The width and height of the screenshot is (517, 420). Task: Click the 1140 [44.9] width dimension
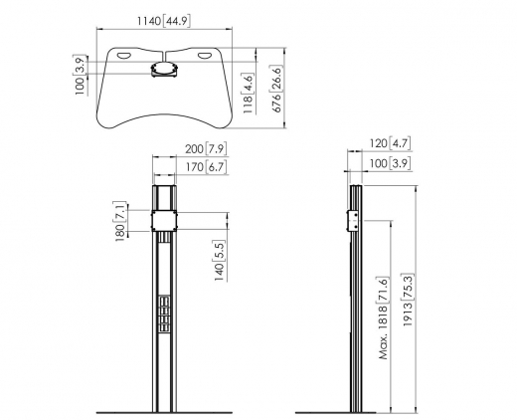pyautogui.click(x=164, y=21)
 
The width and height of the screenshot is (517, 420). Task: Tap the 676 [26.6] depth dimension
pyautogui.click(x=277, y=89)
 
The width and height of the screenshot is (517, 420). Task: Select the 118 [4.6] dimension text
pyautogui.click(x=249, y=94)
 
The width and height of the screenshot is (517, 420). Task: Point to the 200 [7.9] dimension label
pyautogui.click(x=206, y=149)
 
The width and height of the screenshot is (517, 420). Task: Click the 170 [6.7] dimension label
pyautogui.click(x=207, y=167)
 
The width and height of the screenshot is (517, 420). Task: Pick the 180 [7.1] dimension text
pyautogui.click(x=120, y=221)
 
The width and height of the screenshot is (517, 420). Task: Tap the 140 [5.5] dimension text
pyautogui.click(x=220, y=261)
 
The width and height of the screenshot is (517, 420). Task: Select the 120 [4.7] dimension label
pyautogui.click(x=390, y=143)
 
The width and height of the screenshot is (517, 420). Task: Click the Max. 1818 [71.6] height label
pyautogui.click(x=384, y=318)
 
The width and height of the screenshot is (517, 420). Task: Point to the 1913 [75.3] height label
pyautogui.click(x=409, y=300)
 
